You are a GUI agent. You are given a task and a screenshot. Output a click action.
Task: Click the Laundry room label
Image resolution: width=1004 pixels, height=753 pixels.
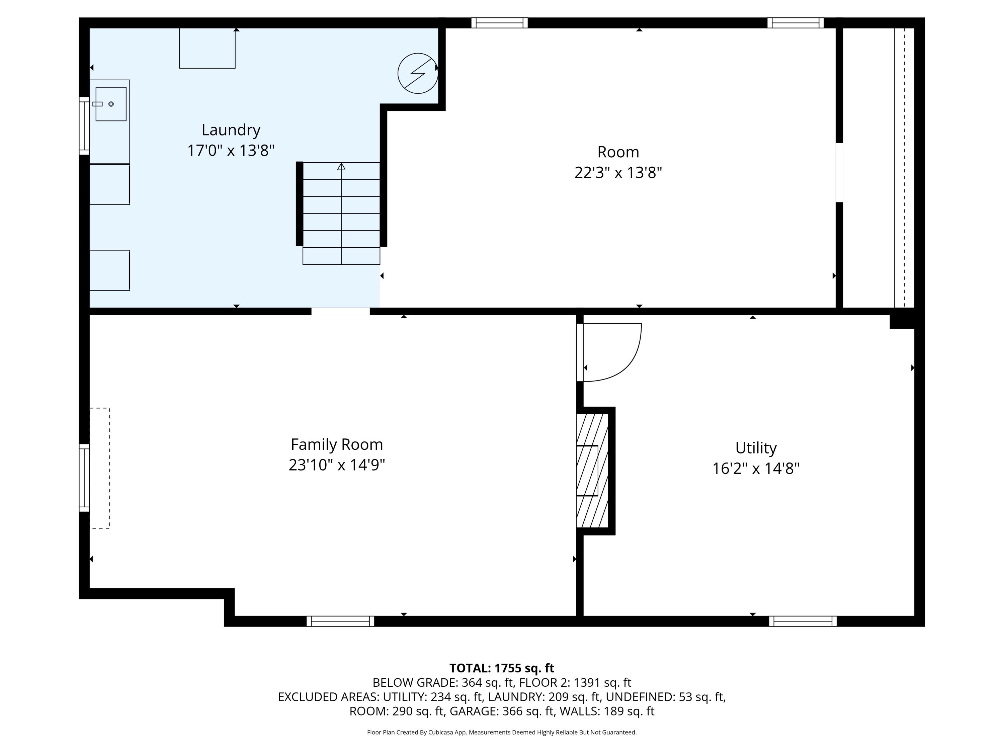click(231, 130)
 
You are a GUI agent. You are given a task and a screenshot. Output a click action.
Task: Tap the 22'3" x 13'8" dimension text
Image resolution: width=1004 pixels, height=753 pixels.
click(618, 172)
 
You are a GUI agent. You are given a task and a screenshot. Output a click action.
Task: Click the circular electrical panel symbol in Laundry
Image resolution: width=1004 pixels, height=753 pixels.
click(418, 74)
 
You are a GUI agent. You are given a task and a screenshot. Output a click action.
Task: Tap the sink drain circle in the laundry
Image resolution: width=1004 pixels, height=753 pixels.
click(111, 104)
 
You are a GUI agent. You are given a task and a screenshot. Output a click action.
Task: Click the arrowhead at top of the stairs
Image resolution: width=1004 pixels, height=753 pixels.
click(341, 167)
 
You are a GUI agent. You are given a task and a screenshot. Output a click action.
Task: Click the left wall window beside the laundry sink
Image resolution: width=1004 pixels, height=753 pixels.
click(84, 126)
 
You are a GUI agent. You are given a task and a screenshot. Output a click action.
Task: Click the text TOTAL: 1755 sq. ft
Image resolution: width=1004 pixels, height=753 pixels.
click(502, 668)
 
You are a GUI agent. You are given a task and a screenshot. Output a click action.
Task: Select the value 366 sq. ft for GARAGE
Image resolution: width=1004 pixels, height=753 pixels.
click(528, 711)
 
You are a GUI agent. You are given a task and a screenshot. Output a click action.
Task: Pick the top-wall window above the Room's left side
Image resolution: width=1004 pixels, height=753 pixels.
click(499, 23)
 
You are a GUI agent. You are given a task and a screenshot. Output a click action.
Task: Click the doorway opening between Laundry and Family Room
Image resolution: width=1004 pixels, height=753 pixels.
click(340, 311)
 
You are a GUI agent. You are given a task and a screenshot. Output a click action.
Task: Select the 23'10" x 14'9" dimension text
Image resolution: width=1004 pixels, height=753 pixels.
click(336, 465)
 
